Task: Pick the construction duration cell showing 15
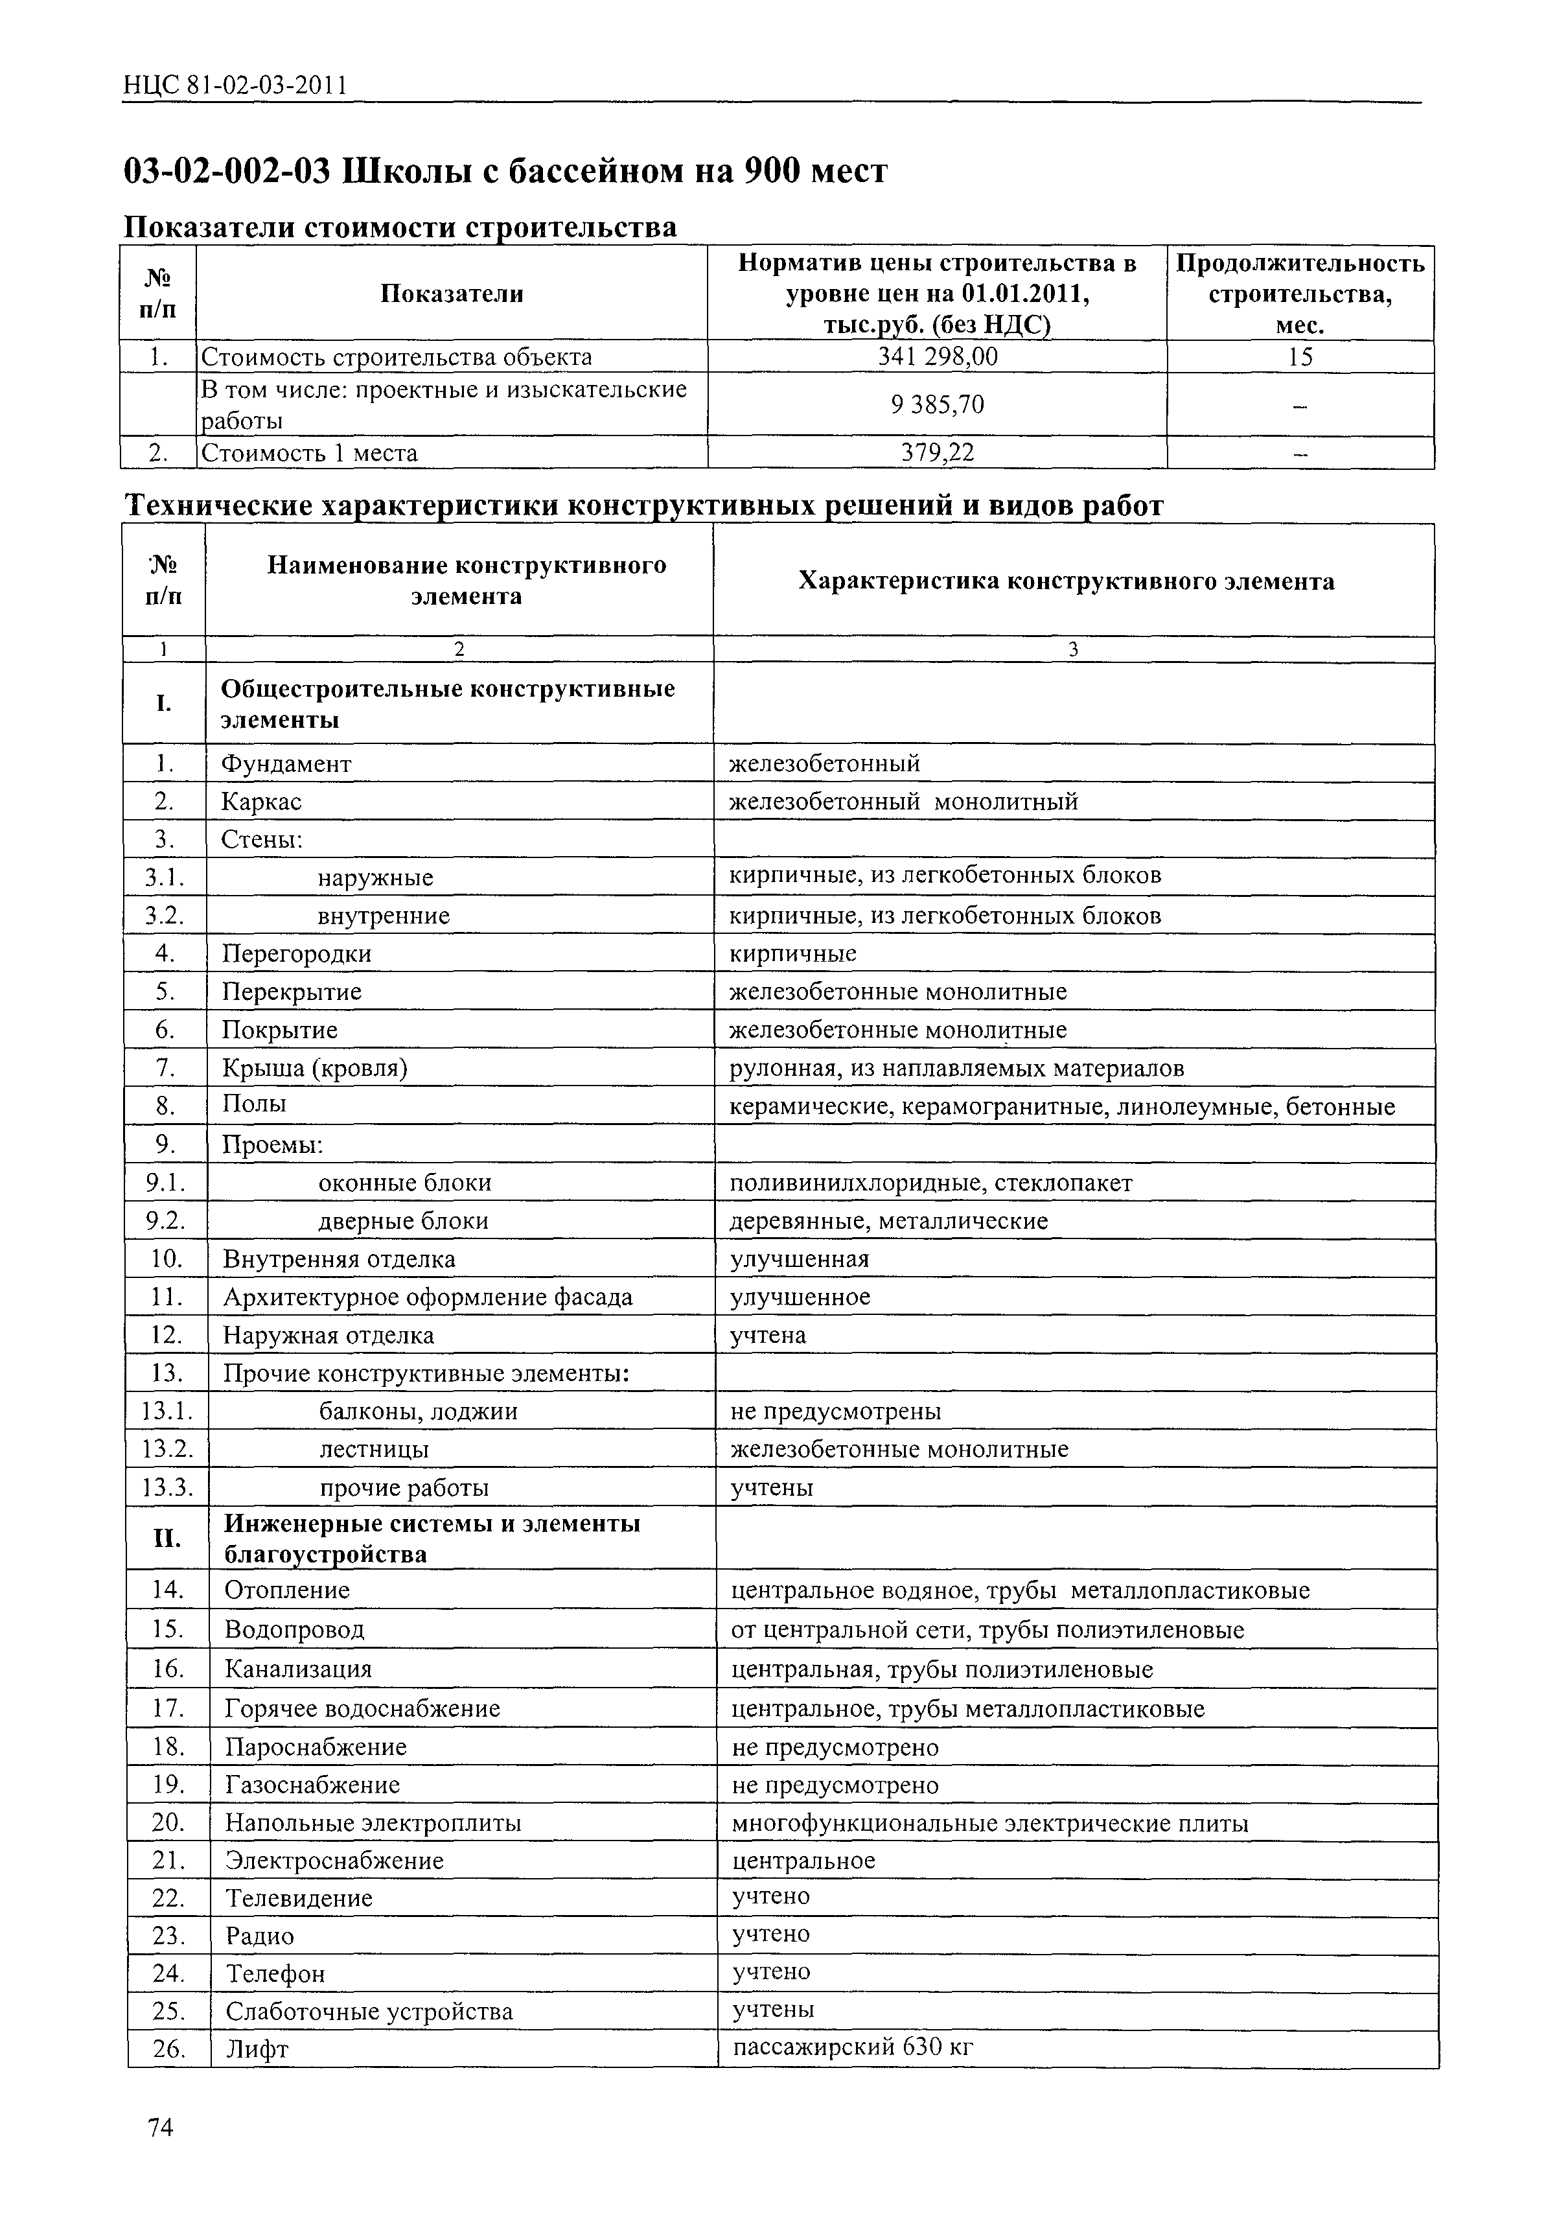coord(1300,358)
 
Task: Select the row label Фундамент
coord(286,763)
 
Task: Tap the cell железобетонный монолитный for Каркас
coord(903,801)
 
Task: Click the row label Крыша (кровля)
coord(315,1068)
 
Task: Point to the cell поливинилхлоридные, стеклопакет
coord(930,1183)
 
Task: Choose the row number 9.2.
coord(165,1220)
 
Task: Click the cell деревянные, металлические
coord(888,1220)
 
